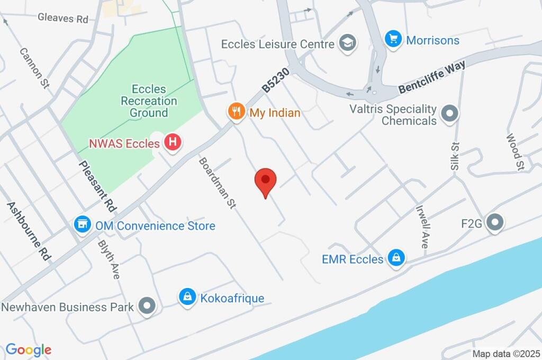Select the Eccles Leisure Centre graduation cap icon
tap(347, 43)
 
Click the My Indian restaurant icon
tap(236, 111)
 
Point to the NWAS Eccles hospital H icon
tap(171, 142)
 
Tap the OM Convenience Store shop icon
tap(82, 224)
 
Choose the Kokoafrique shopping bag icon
tap(187, 297)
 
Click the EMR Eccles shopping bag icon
tap(395, 258)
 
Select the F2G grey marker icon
tap(495, 223)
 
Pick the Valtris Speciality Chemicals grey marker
tap(450, 114)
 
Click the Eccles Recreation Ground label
tap(149, 101)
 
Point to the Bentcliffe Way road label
tap(432, 77)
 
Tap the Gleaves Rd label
tap(63, 18)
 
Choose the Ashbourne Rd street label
tap(29, 230)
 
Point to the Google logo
tap(28, 349)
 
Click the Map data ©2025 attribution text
tap(505, 354)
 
